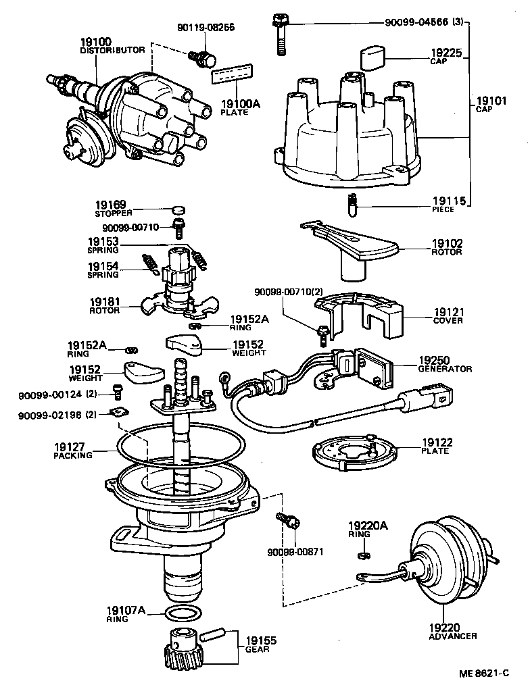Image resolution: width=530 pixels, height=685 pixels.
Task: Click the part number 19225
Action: pyautogui.click(x=446, y=52)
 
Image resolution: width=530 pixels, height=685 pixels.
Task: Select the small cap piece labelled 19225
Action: pyautogui.click(x=371, y=57)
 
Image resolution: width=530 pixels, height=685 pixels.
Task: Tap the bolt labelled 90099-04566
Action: pyautogui.click(x=280, y=34)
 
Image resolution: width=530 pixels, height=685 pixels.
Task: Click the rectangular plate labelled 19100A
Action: pyautogui.click(x=233, y=74)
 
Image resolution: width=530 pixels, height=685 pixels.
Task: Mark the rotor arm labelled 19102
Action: pyautogui.click(x=362, y=247)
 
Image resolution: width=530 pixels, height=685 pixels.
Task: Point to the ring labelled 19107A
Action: pyautogui.click(x=183, y=613)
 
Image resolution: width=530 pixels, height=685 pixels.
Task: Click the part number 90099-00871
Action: pyautogui.click(x=295, y=551)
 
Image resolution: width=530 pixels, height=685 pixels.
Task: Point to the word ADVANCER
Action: pyautogui.click(x=453, y=636)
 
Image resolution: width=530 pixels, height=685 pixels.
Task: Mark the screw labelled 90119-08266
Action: pyautogui.click(x=201, y=57)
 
